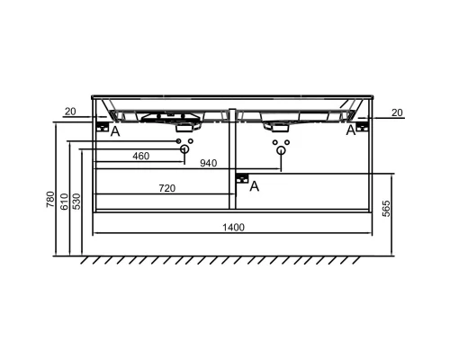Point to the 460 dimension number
140,157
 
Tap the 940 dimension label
209,164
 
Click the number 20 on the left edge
70,112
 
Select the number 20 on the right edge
397,112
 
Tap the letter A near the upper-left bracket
114,132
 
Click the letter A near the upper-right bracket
351,130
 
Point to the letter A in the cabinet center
255,186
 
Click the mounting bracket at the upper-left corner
103,128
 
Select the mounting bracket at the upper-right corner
362,128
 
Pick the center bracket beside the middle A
241,180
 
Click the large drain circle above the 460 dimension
184,152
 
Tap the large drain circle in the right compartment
280,152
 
